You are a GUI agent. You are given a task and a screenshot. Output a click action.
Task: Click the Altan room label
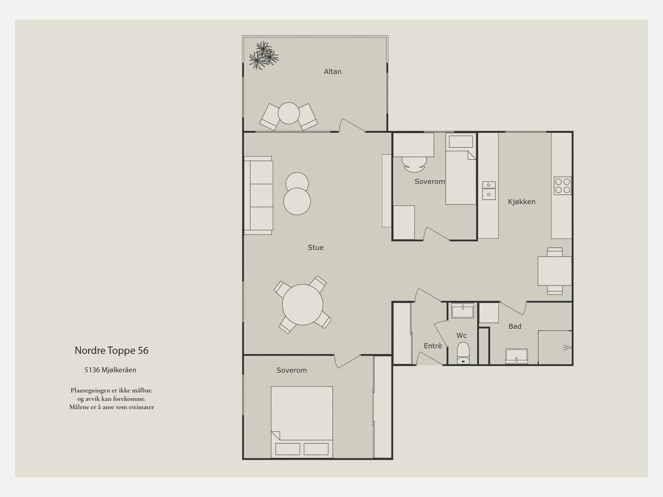[333, 72]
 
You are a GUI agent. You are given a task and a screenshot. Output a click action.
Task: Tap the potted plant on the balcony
[264, 55]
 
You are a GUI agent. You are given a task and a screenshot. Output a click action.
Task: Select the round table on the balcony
[288, 113]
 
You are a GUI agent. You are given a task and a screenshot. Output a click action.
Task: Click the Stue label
[316, 247]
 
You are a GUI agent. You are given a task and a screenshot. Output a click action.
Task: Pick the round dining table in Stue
[302, 305]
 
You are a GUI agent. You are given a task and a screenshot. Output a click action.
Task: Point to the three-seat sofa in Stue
[259, 195]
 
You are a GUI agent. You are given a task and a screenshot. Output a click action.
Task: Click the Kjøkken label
[522, 202]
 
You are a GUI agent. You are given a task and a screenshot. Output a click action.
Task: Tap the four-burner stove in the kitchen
[562, 185]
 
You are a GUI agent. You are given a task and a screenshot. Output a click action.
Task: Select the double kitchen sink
[489, 190]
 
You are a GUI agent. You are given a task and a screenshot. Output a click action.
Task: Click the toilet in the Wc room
[463, 353]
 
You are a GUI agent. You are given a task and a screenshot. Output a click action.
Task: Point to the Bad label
[515, 326]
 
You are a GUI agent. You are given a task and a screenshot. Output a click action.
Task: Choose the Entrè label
[433, 346]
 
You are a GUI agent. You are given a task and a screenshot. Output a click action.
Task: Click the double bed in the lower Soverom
[302, 422]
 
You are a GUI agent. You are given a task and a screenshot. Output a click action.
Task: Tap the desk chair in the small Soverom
[414, 164]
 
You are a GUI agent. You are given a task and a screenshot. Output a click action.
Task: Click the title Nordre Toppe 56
[111, 351]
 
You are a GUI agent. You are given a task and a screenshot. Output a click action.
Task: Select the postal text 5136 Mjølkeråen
[110, 370]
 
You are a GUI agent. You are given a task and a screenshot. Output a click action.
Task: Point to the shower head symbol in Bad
[567, 348]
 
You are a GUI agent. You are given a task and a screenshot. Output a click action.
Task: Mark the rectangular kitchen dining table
[554, 271]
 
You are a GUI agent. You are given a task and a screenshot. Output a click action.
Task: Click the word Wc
[462, 335]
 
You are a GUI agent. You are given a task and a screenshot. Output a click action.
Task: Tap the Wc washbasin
[462, 311]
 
